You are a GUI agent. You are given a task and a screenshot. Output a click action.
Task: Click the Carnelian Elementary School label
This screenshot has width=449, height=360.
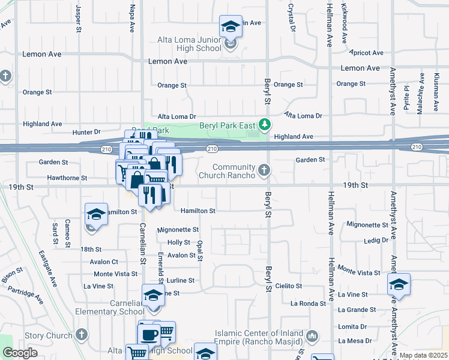110,311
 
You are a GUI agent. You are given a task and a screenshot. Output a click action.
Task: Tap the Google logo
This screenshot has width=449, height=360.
20,353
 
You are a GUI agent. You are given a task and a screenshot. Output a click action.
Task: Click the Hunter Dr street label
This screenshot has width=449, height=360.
86,132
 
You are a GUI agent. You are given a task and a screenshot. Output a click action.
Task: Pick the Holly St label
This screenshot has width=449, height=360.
179,242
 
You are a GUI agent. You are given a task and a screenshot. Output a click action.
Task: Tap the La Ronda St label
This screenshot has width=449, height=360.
308,304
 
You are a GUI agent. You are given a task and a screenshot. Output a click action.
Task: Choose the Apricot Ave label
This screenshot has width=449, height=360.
369,53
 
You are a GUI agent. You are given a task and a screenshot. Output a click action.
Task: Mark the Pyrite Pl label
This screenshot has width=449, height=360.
406,96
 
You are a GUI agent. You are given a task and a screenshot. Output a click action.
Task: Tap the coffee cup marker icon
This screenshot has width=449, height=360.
149,333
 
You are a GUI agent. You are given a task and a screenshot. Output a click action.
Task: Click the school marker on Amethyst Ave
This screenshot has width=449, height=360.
399,285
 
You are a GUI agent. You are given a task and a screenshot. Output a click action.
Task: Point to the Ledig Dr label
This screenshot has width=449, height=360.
376,240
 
